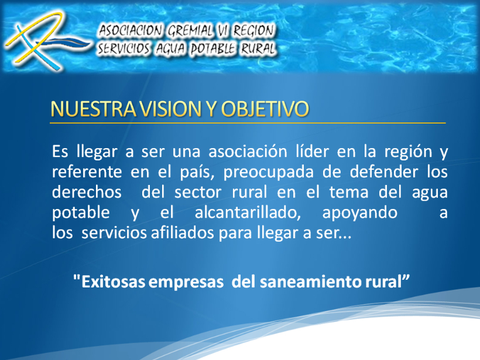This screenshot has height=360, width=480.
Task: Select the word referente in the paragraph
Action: (x=81, y=173)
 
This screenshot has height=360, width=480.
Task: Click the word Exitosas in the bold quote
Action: (x=114, y=281)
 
